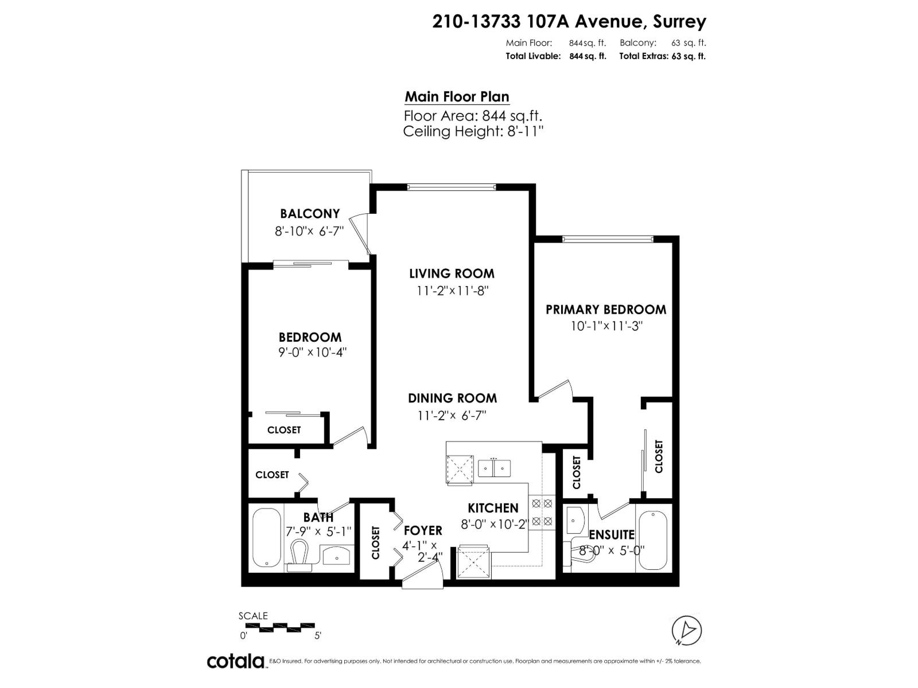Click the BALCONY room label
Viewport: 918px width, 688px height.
pyautogui.click(x=310, y=214)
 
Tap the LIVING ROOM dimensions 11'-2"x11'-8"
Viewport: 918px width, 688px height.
pyautogui.click(x=452, y=291)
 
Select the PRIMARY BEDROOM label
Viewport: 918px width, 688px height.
pyautogui.click(x=606, y=310)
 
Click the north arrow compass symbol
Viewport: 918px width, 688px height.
pyautogui.click(x=687, y=630)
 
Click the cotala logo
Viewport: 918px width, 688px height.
pyautogui.click(x=235, y=661)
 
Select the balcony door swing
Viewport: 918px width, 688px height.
pyautogui.click(x=363, y=233)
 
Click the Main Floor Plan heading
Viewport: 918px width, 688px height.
pyautogui.click(x=457, y=97)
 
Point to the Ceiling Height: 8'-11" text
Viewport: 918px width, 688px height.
pyautogui.click(x=473, y=131)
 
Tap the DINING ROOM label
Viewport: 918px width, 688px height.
pyautogui.click(x=452, y=398)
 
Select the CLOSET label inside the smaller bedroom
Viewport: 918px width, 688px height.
pyautogui.click(x=284, y=430)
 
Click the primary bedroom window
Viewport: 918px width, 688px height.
pyautogui.click(x=608, y=239)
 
